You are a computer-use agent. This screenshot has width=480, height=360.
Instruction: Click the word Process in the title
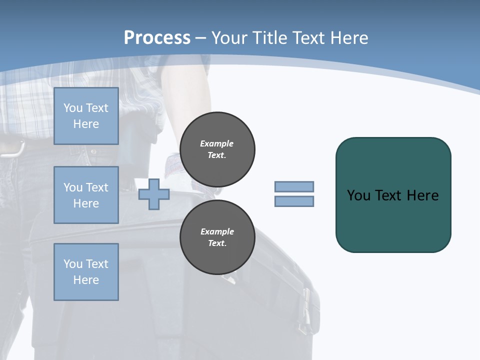[157, 38]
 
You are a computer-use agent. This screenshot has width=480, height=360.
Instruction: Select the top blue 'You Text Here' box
[86, 116]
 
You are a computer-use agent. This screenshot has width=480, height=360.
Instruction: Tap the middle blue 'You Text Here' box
[86, 195]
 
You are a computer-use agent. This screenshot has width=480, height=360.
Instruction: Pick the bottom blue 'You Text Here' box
[86, 272]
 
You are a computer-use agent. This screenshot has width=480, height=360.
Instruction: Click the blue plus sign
[154, 194]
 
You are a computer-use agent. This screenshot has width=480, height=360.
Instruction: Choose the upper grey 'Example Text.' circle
[217, 149]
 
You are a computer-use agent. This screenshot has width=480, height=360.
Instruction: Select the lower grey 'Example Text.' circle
[217, 237]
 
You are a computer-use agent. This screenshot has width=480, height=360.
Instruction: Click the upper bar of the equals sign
[294, 186]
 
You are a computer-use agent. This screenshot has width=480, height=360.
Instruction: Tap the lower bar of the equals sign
[294, 201]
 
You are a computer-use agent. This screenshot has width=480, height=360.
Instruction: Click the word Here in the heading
[349, 38]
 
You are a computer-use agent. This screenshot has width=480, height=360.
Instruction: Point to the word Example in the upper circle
[217, 143]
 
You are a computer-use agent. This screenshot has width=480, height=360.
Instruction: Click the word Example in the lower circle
[217, 231]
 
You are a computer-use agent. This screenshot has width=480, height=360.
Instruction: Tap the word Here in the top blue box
[86, 124]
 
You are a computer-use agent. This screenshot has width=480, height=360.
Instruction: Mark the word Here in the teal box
[422, 195]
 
